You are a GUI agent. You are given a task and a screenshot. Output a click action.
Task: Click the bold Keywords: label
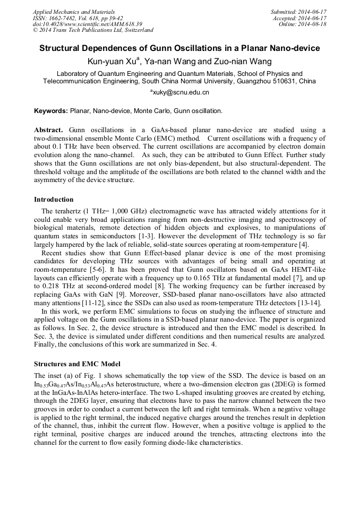point(51,111)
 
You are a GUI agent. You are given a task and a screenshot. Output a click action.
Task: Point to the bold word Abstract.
point(48,130)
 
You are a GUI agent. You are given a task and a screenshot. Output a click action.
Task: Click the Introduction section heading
point(54,200)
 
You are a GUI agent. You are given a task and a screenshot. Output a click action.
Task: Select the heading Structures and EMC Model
point(78,364)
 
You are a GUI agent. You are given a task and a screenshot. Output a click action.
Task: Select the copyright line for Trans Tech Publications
point(93,31)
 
